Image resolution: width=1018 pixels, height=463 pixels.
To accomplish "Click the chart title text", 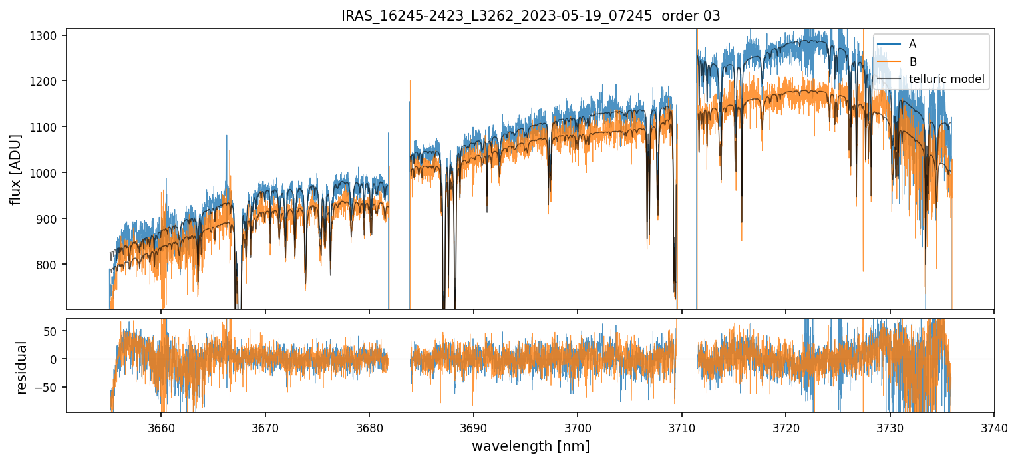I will [530, 16].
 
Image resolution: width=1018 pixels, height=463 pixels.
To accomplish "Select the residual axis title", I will [22, 367].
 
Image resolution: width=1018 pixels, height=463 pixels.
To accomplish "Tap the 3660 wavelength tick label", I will [161, 428].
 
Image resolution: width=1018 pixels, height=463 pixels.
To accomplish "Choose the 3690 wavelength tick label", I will [473, 428].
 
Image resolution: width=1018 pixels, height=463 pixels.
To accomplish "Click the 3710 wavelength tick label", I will [681, 428].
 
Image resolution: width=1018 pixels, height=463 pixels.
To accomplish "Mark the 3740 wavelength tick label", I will [993, 428].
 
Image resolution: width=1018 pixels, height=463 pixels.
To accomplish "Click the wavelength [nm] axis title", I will [530, 446].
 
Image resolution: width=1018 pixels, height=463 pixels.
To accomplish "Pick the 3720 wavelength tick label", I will [786, 428].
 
